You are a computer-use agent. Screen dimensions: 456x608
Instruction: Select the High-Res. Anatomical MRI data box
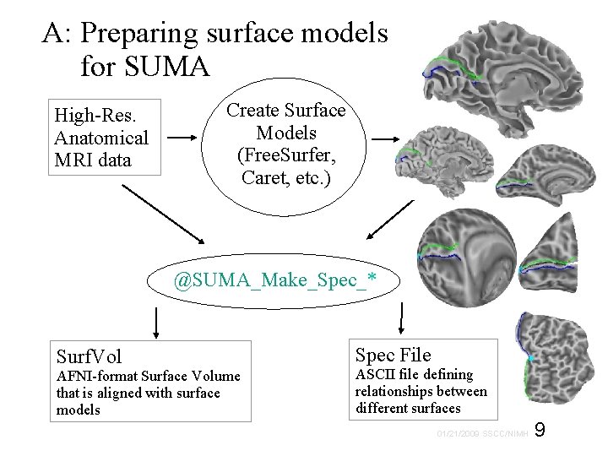101,138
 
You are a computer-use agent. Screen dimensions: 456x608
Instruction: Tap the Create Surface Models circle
286,144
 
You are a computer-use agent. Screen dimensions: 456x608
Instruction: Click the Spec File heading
393,355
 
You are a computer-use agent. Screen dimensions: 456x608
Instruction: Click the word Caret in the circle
263,177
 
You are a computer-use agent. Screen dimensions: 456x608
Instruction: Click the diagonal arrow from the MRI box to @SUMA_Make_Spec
161,207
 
